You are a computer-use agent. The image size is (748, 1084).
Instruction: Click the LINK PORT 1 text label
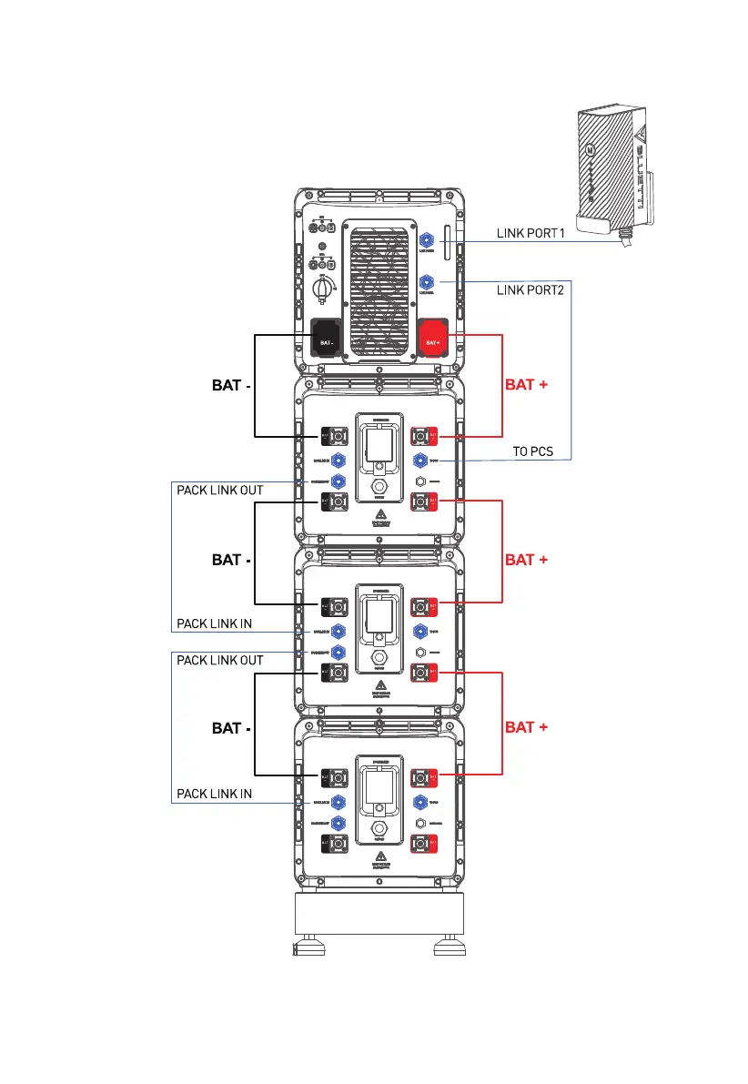531,233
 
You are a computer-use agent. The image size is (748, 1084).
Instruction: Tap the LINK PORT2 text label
531,290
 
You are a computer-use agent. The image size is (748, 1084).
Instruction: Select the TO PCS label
532,451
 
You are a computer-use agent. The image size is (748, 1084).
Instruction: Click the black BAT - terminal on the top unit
328,338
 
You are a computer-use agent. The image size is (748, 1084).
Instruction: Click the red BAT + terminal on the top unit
432,338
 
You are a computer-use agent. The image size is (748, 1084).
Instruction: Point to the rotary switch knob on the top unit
323,289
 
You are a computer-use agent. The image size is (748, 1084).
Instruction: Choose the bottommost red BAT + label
526,727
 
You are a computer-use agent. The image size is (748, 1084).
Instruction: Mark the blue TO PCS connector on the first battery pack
420,461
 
